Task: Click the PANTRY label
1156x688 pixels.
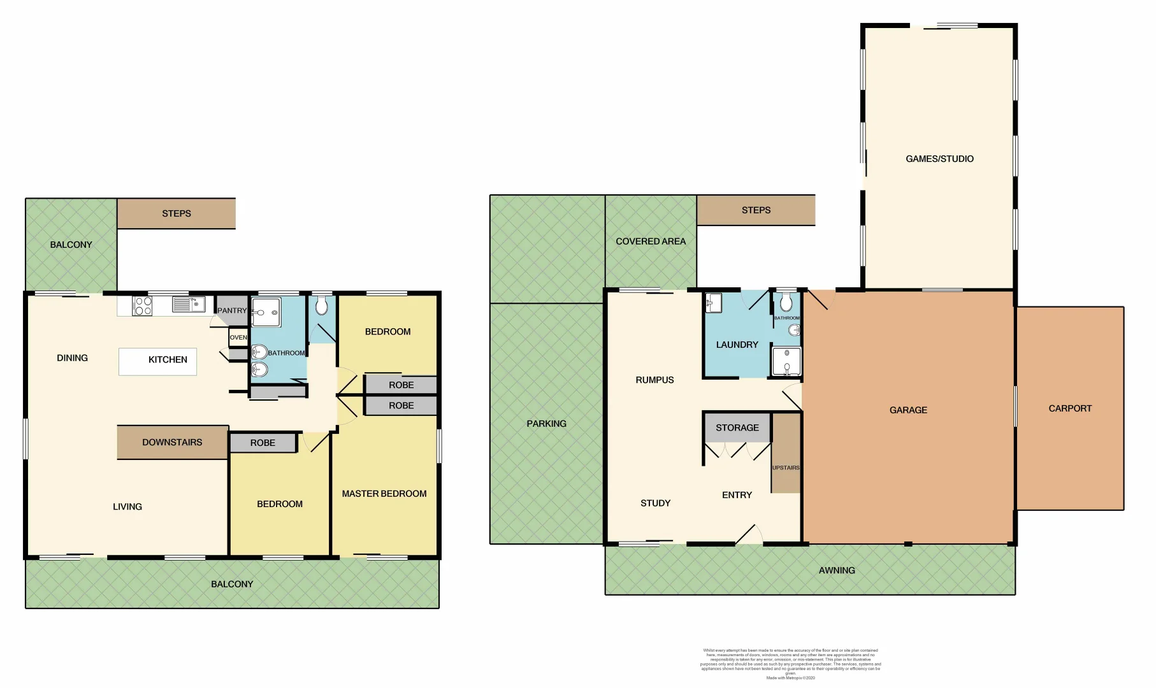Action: click(231, 310)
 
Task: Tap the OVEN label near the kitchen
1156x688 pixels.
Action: click(238, 338)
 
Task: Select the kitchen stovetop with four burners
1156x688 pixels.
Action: click(143, 306)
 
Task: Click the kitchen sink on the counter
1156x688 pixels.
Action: click(182, 305)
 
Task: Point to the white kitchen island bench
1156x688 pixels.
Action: click(157, 361)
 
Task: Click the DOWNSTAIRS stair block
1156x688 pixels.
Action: click(172, 442)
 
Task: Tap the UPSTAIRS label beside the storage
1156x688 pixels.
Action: click(786, 468)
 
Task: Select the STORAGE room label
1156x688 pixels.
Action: click(737, 427)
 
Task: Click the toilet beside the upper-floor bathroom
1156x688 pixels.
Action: click(321, 306)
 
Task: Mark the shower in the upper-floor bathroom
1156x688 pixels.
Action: click(266, 311)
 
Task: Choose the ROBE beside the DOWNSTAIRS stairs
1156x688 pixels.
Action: click(263, 443)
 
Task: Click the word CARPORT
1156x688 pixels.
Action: click(1070, 408)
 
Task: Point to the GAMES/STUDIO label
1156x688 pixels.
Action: click(939, 159)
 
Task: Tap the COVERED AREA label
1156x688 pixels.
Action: click(651, 241)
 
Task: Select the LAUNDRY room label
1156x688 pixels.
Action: click(737, 345)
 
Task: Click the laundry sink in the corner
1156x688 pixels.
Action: click(713, 303)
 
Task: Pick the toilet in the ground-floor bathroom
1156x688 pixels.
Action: click(786, 303)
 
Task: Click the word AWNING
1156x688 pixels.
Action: click(837, 570)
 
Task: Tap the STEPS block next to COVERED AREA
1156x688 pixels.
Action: click(756, 210)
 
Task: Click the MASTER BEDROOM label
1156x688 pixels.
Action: click(384, 494)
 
